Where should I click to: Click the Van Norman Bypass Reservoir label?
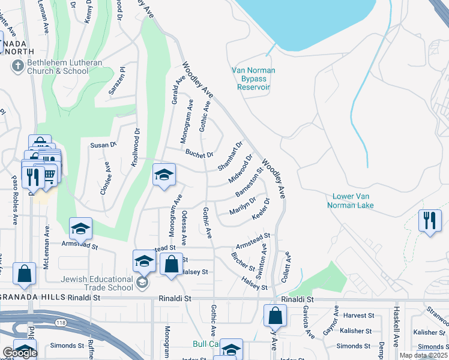click(253, 79)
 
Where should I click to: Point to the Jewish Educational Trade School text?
click(96, 283)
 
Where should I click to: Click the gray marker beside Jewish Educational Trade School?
click(142, 283)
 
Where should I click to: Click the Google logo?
click(19, 353)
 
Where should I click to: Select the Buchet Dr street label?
click(199, 154)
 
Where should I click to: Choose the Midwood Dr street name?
click(240, 169)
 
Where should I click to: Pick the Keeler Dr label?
click(262, 209)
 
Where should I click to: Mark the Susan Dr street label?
click(102, 145)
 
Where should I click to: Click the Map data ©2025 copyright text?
click(424, 355)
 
